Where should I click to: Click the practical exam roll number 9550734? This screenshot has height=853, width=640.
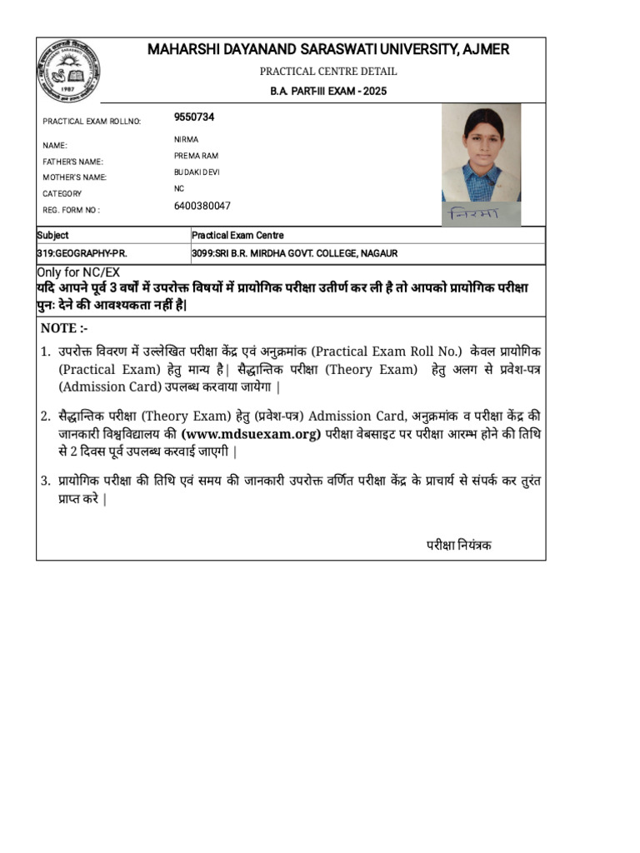click(x=194, y=117)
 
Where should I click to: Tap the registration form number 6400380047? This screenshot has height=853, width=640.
click(x=202, y=206)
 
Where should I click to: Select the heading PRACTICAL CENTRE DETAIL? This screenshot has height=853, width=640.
click(x=328, y=72)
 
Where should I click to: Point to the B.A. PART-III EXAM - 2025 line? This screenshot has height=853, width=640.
click(x=328, y=92)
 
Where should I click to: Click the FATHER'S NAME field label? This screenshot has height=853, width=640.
click(x=73, y=162)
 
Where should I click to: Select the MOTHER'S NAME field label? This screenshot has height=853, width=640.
click(x=74, y=177)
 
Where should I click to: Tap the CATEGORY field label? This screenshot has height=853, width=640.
click(x=62, y=193)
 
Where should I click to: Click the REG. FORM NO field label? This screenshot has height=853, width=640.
click(x=71, y=210)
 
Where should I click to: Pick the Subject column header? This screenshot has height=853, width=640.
click(x=52, y=236)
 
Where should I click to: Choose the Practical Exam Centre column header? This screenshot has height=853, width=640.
click(x=237, y=236)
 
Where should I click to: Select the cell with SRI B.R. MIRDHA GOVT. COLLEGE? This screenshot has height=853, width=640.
click(x=295, y=252)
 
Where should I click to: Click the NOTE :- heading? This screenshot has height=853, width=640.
click(x=64, y=328)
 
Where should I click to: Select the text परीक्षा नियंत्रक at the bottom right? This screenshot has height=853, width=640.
click(x=459, y=545)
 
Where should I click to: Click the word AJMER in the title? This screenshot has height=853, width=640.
click(x=487, y=50)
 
